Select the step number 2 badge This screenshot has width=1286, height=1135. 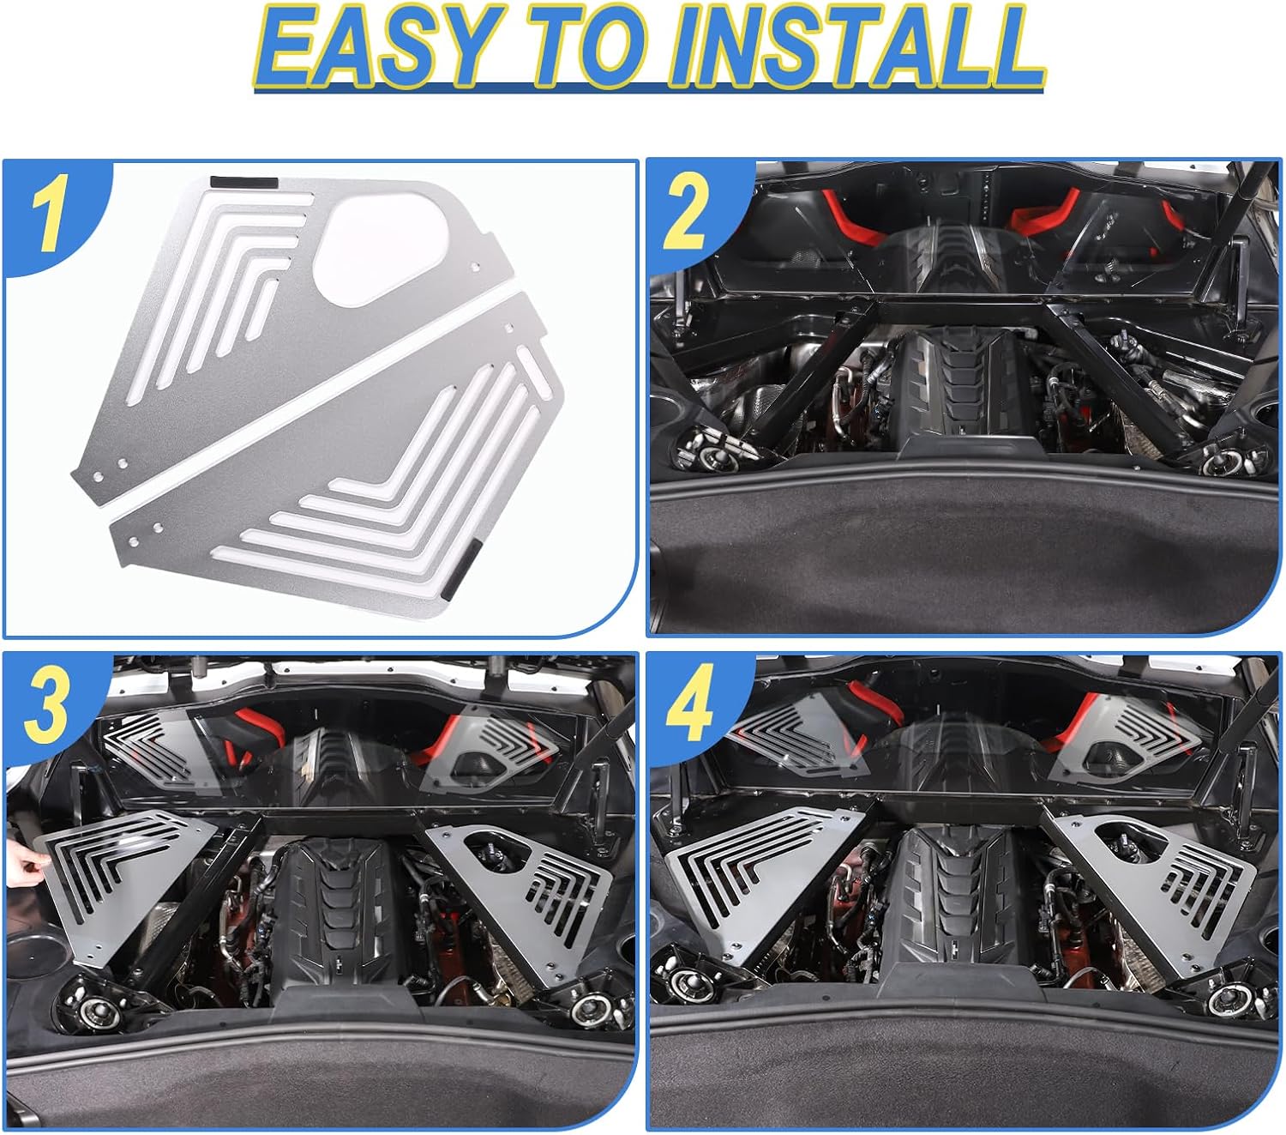(685, 214)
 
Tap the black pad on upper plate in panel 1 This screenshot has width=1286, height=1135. (243, 183)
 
